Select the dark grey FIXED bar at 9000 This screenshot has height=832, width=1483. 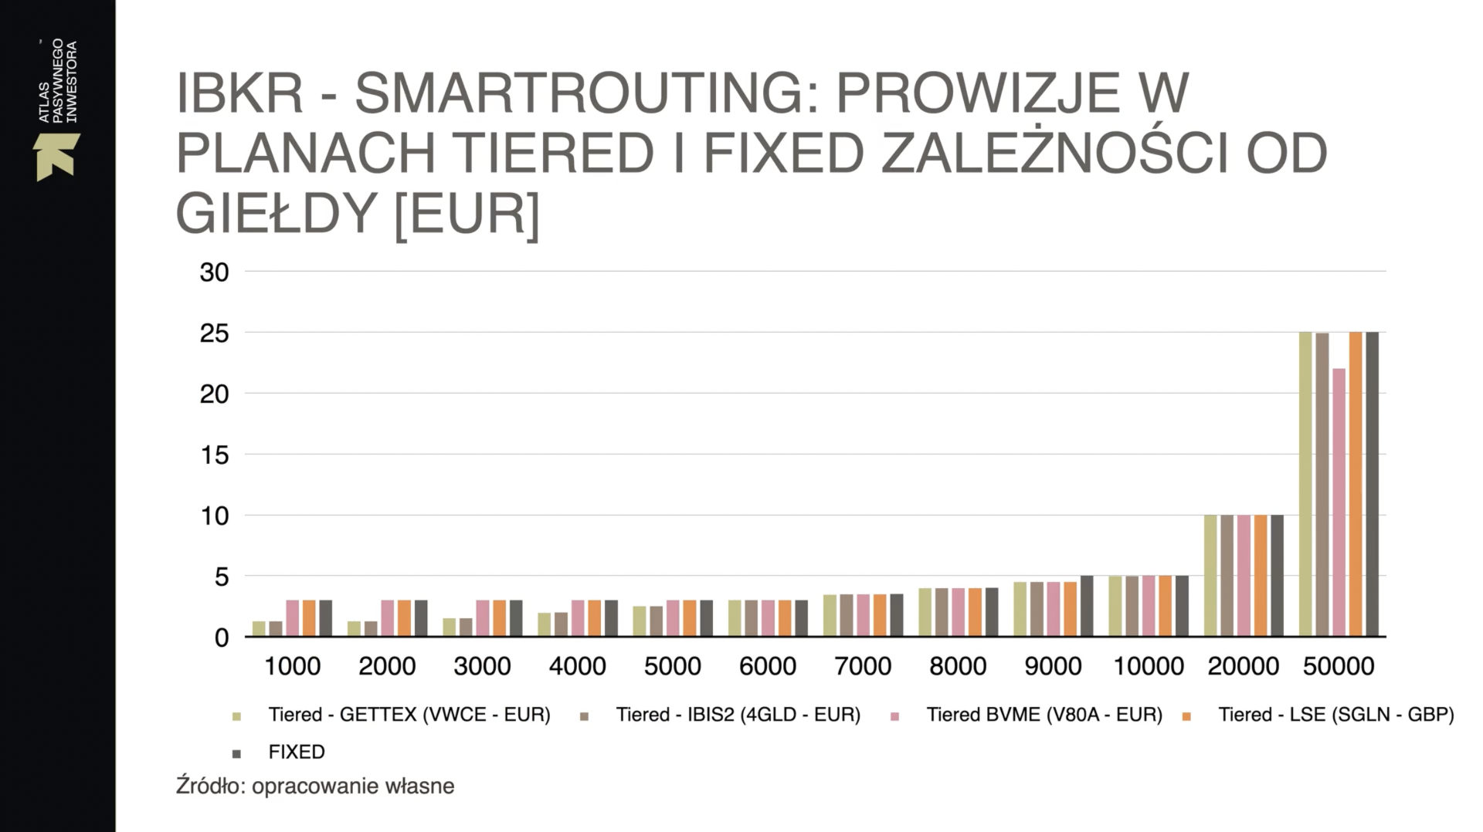[x=1087, y=606]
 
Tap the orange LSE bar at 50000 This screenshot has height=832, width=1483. [x=1356, y=485]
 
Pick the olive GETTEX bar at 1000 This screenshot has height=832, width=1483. [x=259, y=628]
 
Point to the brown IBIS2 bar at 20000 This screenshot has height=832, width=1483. [x=1227, y=576]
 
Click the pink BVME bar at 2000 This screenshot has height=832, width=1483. [x=388, y=618]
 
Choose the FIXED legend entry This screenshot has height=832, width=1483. [x=296, y=752]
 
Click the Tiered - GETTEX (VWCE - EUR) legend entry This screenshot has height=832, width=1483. [x=409, y=715]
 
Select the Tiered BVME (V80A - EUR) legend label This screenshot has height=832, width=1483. [x=1044, y=715]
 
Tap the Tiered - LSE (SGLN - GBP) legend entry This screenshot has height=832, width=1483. [x=1335, y=715]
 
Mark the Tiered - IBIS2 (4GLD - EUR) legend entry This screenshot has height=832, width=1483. [x=738, y=715]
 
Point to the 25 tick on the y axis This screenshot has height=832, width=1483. [x=215, y=333]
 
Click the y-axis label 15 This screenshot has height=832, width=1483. [x=215, y=455]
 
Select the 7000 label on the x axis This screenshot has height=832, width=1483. [x=863, y=666]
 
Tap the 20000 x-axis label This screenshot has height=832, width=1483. [x=1244, y=666]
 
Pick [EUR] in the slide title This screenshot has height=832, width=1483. [x=467, y=214]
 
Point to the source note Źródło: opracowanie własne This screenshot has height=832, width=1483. [x=315, y=786]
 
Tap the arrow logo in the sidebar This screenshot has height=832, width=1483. [x=56, y=157]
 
